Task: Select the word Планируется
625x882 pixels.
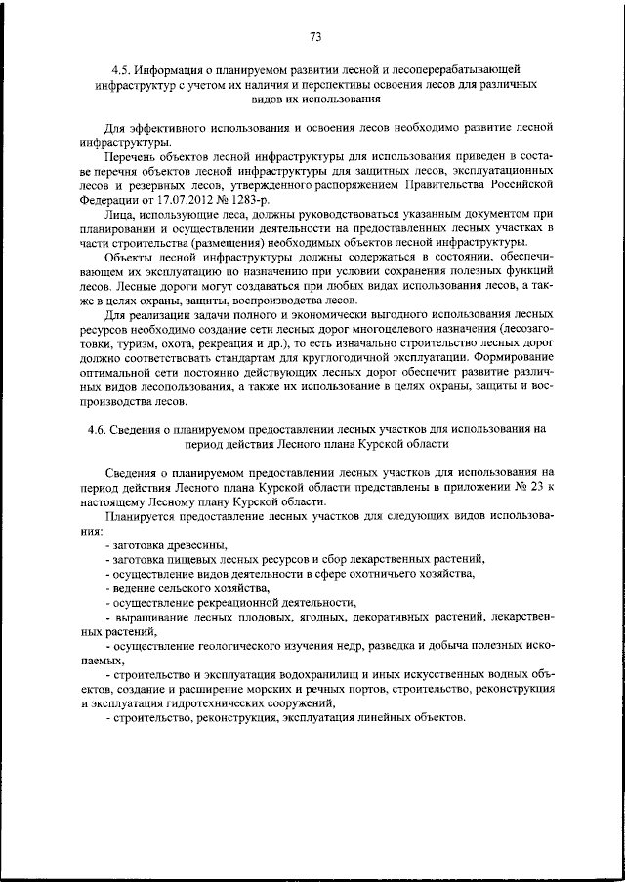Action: [x=141, y=515]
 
